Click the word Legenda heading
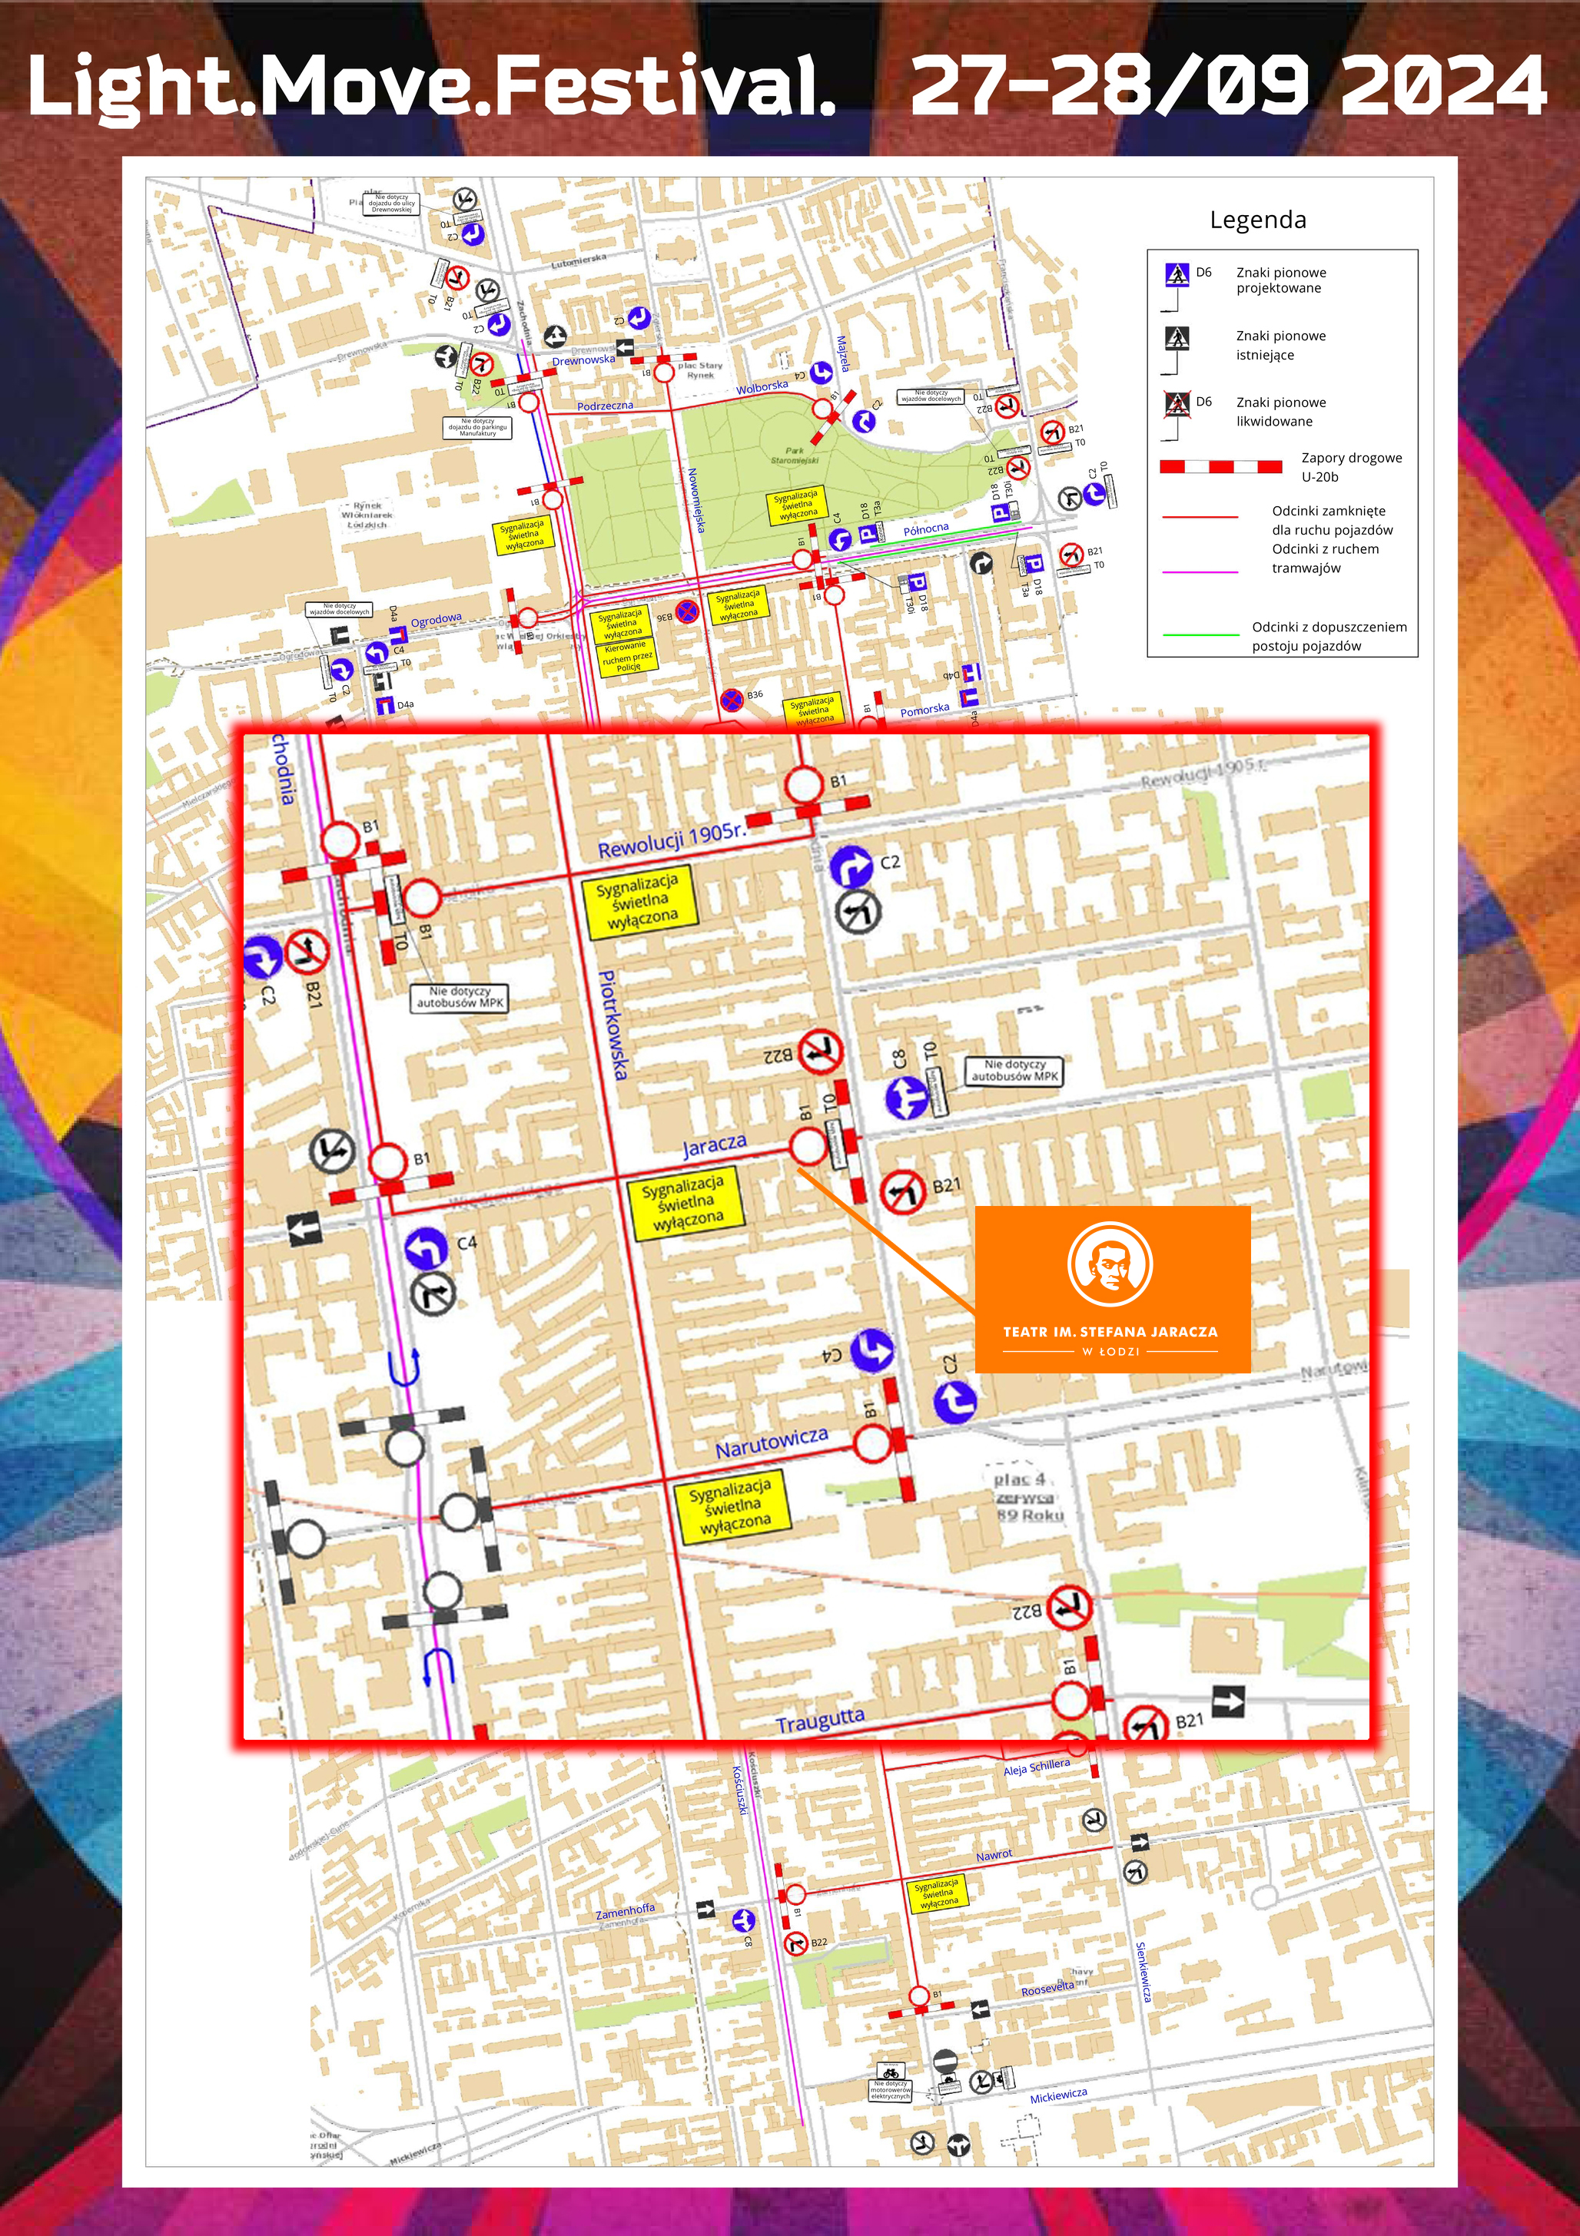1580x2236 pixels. tap(1256, 220)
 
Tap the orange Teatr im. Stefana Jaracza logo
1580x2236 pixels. tap(1111, 1290)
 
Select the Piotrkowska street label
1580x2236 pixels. tap(612, 1025)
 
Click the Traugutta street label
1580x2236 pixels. tap(819, 1721)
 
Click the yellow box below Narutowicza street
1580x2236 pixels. tap(733, 1506)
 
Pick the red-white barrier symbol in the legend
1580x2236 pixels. tap(1220, 468)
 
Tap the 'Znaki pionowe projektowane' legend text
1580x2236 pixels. tap(1280, 280)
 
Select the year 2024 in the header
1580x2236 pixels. tap(1442, 86)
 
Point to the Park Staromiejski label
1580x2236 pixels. tap(794, 455)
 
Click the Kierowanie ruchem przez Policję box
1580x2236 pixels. tap(626, 657)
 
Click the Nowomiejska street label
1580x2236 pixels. tap(695, 499)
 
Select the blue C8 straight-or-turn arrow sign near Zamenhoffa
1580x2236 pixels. tap(743, 1940)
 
